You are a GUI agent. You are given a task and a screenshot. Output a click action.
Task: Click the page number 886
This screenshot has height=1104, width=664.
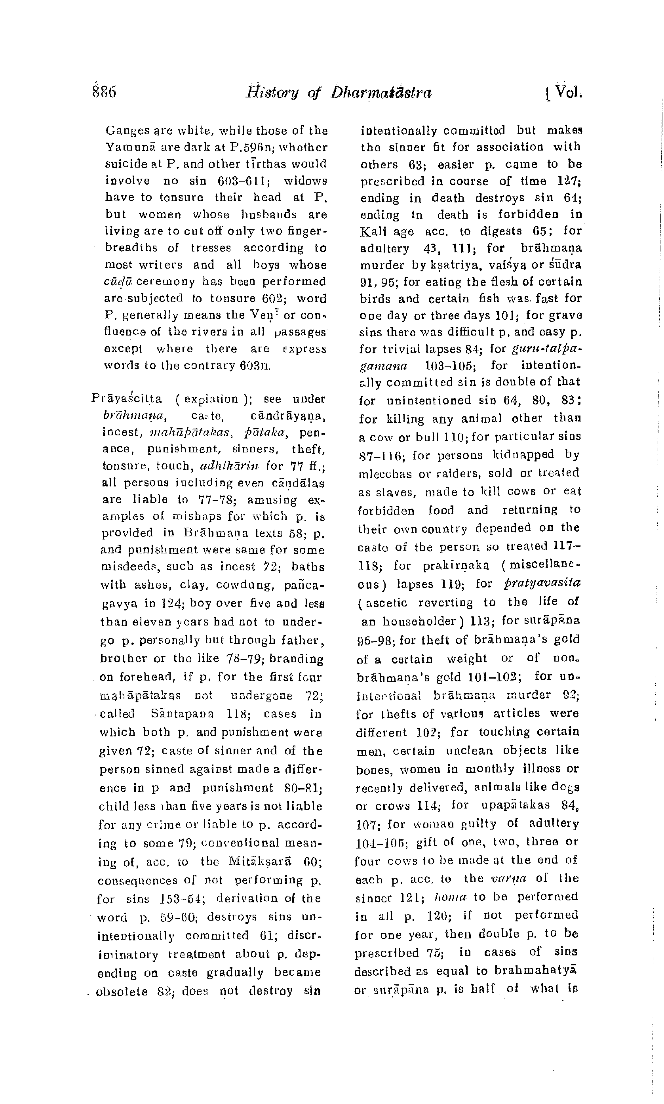tap(104, 92)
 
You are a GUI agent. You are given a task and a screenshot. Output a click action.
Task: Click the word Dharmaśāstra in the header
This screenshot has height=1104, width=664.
tap(381, 92)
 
